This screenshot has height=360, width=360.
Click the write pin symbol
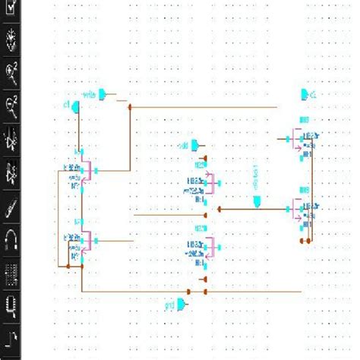pyautogui.click(x=110, y=95)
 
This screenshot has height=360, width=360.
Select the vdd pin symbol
pyautogui.click(x=197, y=144)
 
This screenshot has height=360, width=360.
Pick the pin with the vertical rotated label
pyautogui.click(x=259, y=201)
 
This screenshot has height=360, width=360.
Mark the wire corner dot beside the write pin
pyautogui.click(x=130, y=107)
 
